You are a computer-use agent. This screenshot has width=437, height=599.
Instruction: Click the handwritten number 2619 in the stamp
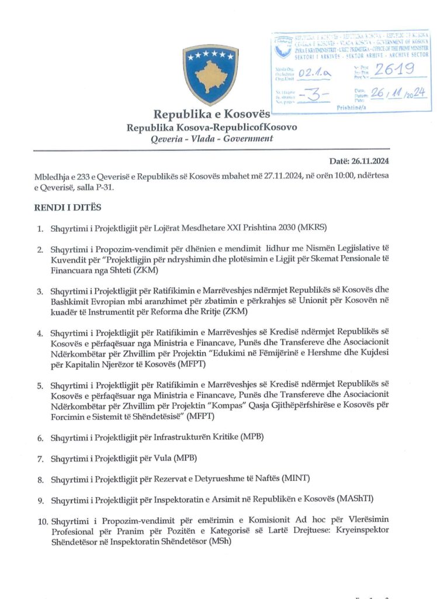(x=395, y=70)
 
